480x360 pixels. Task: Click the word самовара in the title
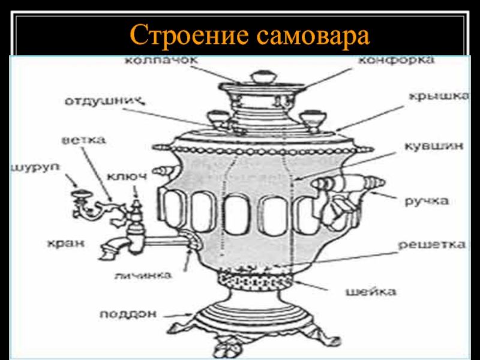pos(311,36)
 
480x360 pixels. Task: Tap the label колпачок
pos(153,61)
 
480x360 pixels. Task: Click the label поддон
pos(128,313)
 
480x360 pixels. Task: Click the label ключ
pos(127,175)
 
